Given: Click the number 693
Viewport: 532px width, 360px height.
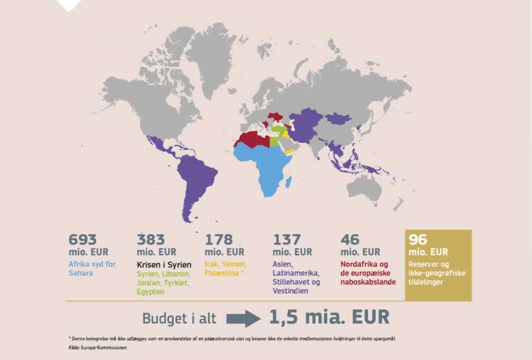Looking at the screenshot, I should (x=83, y=239).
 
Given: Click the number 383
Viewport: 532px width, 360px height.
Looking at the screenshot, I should (x=151, y=239).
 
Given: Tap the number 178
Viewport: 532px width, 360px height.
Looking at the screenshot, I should (x=219, y=239).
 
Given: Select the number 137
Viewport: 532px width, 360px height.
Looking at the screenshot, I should (x=287, y=239).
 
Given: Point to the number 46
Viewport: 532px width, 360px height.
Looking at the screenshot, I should (x=349, y=239).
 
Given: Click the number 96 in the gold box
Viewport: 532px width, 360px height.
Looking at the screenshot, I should (x=418, y=239).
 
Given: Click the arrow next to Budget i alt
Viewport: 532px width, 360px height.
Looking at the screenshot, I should (x=245, y=318).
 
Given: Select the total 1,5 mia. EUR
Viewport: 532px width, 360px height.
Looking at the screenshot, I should (x=329, y=317).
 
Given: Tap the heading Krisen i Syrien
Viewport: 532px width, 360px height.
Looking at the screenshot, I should (x=164, y=265).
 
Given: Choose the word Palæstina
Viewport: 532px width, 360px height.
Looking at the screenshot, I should (x=223, y=274).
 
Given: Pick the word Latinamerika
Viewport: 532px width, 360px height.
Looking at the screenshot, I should (x=296, y=274).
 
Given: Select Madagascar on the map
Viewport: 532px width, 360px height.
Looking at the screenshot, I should (x=289, y=181).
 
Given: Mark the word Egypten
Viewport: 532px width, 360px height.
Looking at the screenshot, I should (x=151, y=292).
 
